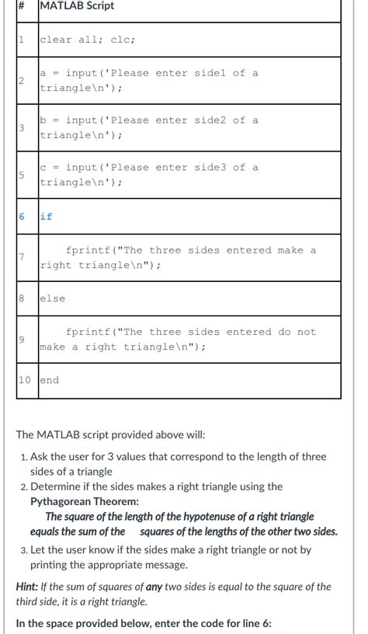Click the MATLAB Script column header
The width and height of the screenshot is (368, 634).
(x=77, y=6)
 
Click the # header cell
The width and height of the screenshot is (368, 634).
(x=23, y=6)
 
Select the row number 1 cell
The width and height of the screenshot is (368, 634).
(x=23, y=40)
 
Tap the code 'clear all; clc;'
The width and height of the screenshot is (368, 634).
(x=88, y=40)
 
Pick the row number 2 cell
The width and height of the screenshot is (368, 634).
(x=23, y=81)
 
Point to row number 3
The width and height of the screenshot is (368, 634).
(x=23, y=127)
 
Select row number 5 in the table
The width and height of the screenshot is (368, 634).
(x=23, y=175)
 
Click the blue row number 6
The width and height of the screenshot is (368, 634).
(x=23, y=217)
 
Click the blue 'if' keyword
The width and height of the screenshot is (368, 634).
(x=47, y=217)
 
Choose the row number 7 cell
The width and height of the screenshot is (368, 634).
(x=23, y=257)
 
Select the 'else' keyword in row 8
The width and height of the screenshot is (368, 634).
(x=53, y=298)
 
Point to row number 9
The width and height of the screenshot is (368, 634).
(x=23, y=339)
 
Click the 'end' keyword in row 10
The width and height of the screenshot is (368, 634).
(x=50, y=380)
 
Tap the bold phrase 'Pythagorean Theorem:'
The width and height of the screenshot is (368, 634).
(x=85, y=502)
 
